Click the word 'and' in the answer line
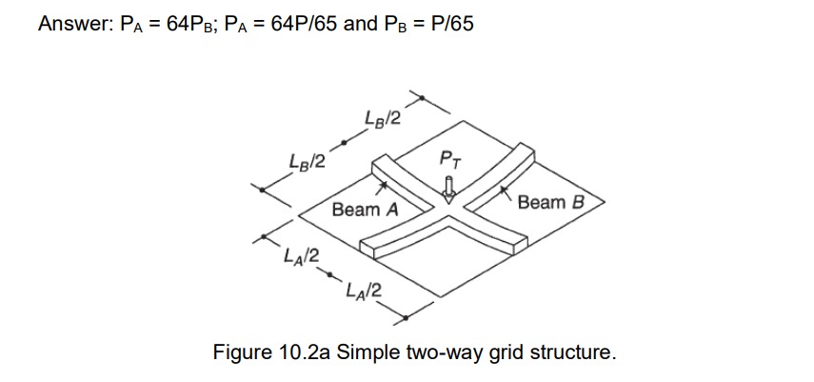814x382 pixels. click(361, 24)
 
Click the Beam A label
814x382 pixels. click(365, 209)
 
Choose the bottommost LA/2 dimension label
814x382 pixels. click(364, 292)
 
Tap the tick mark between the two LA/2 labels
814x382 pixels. click(332, 277)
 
